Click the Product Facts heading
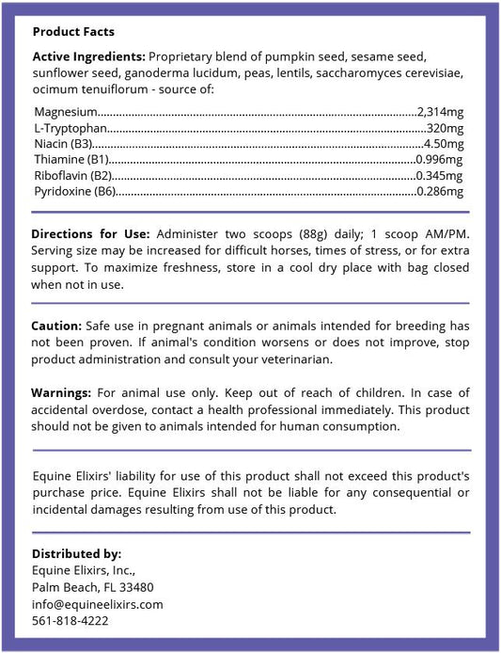coord(73,31)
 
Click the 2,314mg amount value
coord(440,111)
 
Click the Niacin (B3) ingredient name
coord(63,143)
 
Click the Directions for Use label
coord(90,233)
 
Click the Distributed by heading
coord(76,553)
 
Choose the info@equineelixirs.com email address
coord(98,604)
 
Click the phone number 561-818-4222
coord(71,621)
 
